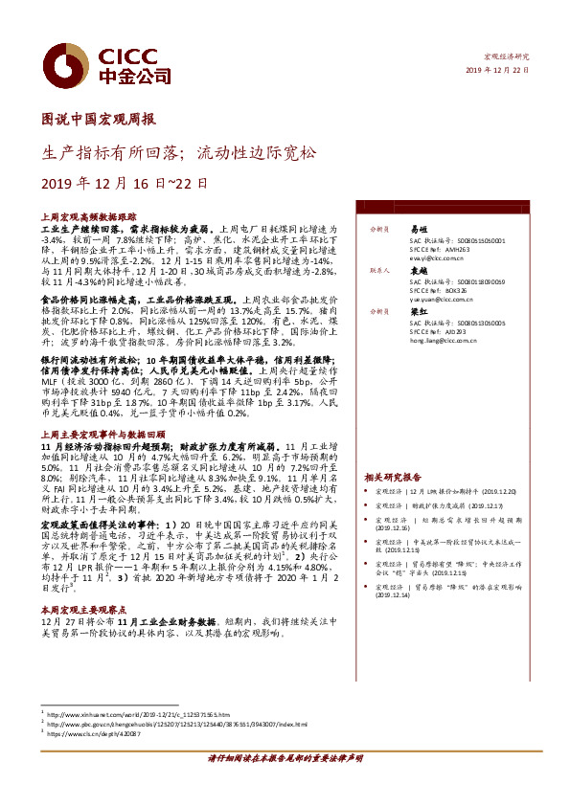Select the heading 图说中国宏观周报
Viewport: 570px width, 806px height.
click(x=101, y=120)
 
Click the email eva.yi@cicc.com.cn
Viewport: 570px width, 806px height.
click(x=440, y=258)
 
